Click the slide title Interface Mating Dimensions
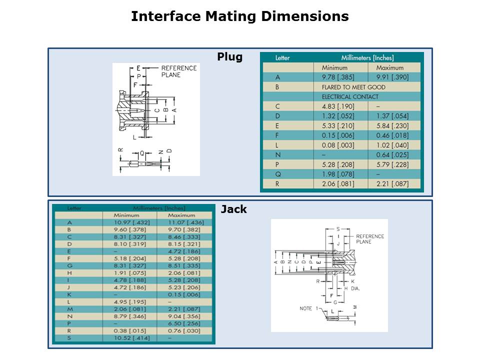pos(239,16)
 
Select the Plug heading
pos(229,57)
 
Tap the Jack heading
pos(233,209)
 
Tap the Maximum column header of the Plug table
pos(390,67)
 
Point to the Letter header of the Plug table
pos(282,58)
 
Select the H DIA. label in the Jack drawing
pos(352,288)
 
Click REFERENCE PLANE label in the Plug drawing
pos(179,71)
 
